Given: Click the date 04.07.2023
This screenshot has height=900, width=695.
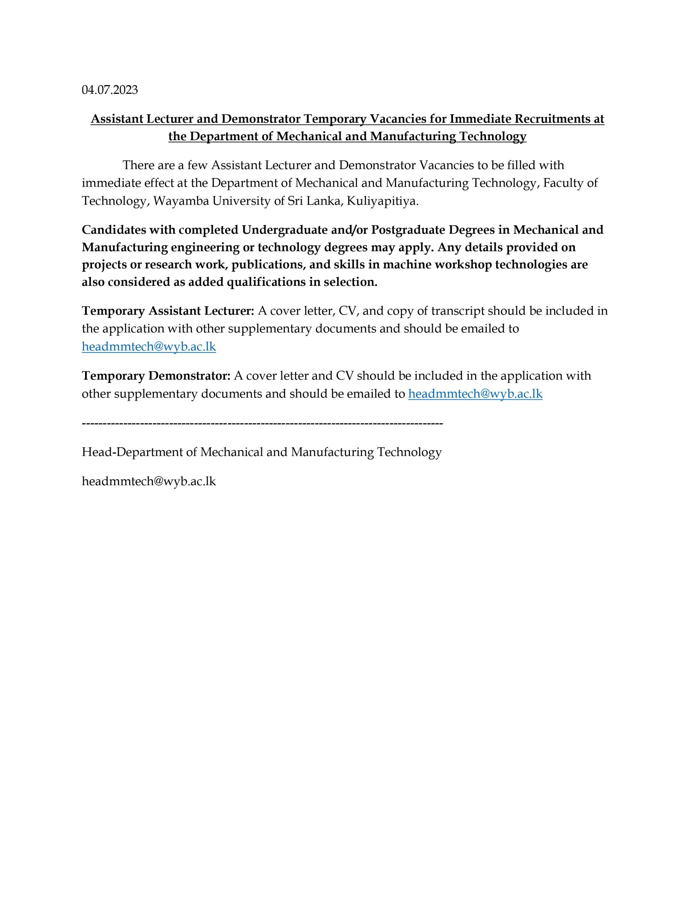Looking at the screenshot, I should (110, 90).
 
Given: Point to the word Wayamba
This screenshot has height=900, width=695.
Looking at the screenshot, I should (181, 201).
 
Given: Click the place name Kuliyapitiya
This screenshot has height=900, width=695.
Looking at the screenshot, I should (382, 201).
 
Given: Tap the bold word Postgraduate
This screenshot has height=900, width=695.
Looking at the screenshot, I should (408, 230).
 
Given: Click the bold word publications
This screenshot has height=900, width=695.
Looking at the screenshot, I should (268, 265).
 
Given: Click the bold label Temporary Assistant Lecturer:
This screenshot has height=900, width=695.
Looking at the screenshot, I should (168, 311).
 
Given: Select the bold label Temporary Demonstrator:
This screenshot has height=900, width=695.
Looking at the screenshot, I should (156, 376).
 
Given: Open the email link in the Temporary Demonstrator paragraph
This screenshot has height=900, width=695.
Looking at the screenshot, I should (475, 394).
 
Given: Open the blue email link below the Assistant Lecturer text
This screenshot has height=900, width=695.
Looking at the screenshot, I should (149, 347).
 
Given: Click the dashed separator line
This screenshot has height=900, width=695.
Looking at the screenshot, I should (262, 423).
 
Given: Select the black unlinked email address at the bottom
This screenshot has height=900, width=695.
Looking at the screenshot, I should (149, 481).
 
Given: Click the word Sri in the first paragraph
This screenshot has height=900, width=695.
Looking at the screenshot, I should (294, 201).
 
